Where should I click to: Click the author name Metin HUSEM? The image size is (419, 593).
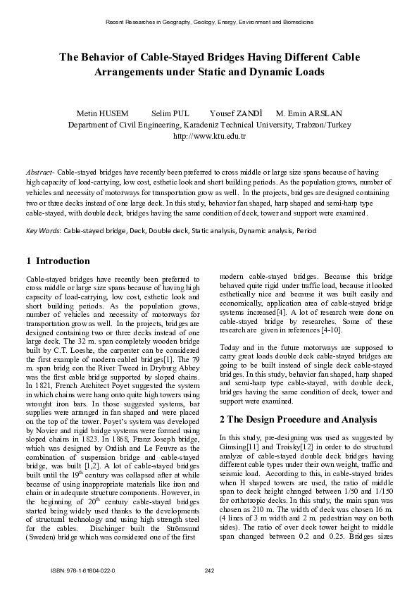pos(104,113)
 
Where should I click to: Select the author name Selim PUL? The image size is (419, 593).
pos(170,113)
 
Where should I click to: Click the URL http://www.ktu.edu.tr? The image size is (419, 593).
pos(209,136)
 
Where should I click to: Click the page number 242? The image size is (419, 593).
pos(209,570)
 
